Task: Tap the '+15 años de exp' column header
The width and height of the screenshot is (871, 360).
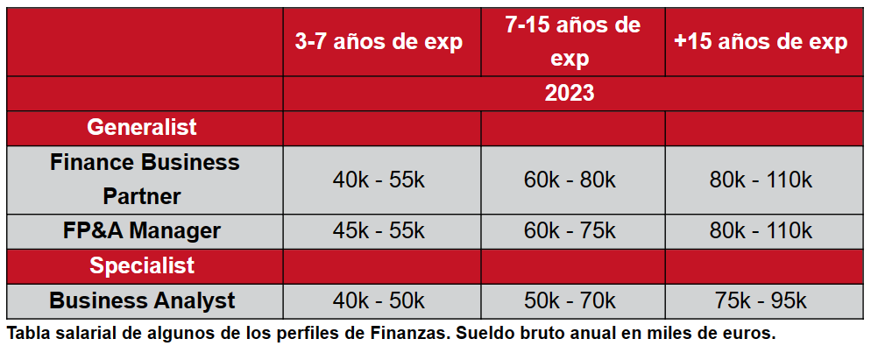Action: click(x=761, y=43)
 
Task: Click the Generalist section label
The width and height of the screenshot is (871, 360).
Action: click(x=142, y=127)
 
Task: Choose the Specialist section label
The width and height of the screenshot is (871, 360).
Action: click(x=142, y=265)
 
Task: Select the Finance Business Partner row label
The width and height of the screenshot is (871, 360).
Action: click(x=145, y=179)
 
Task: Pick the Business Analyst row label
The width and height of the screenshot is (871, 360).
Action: click(x=143, y=300)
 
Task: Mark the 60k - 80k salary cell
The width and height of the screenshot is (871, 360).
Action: click(x=571, y=180)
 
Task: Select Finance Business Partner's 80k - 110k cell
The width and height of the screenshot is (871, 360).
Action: click(x=761, y=180)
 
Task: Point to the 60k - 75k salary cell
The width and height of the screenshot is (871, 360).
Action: click(x=571, y=230)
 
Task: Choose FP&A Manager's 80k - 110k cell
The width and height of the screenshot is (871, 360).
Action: click(x=761, y=230)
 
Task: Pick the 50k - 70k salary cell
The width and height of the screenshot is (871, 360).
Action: click(x=571, y=300)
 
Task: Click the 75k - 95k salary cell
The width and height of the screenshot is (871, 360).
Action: click(x=761, y=300)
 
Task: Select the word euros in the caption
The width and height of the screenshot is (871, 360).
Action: click(x=750, y=334)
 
